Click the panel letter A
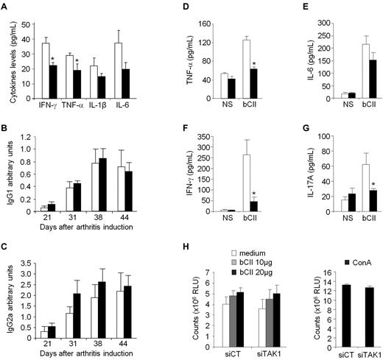7,7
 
